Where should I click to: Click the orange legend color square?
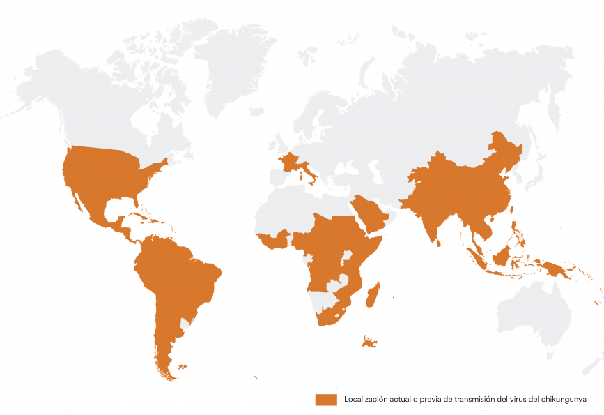(325, 400)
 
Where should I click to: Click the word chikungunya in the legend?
(563, 400)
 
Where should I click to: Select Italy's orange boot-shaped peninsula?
(307, 172)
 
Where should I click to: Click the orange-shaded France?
(287, 163)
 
